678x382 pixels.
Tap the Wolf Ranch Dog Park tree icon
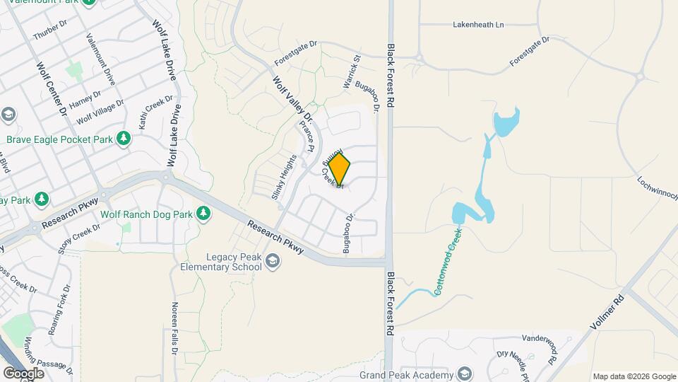(204, 213)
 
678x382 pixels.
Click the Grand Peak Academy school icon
(465, 374)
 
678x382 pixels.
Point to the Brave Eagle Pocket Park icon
(124, 139)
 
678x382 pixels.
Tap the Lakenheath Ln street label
(478, 25)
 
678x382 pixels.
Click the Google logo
(23, 373)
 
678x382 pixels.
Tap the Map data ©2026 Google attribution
(634, 376)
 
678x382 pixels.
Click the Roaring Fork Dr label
(59, 320)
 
